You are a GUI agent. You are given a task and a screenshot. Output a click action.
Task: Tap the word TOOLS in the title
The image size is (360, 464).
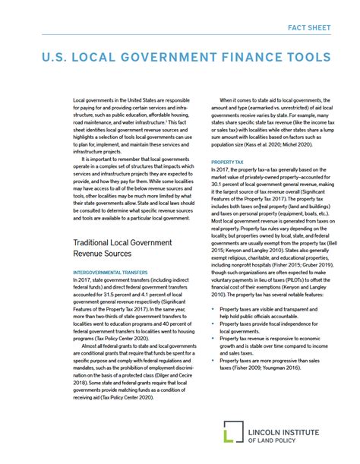point(305,57)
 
